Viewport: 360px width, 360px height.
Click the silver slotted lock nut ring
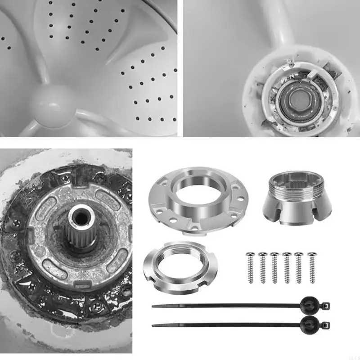(180, 266)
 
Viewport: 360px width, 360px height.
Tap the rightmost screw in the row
(311, 267)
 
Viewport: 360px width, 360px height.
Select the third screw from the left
(274, 267)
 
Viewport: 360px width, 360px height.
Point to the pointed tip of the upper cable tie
(153, 306)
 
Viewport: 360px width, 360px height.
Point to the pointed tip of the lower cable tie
(153, 325)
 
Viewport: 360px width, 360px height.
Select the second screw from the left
(262, 267)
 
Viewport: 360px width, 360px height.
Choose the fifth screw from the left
(299, 267)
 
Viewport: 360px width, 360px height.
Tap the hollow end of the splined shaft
(80, 215)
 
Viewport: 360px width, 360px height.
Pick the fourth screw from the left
(287, 267)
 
